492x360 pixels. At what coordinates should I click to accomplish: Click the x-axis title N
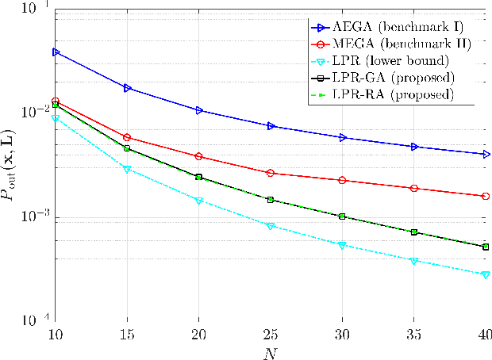click(270, 351)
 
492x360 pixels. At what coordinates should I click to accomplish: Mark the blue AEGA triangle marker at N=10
click(55, 52)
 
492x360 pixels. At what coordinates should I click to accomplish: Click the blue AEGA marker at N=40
click(486, 154)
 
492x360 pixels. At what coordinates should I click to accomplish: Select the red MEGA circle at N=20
click(198, 156)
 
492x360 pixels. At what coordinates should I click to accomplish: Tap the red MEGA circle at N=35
click(413, 188)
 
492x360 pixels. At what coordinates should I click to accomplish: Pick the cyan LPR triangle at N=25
click(270, 226)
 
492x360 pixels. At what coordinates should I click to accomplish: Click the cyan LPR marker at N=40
click(486, 274)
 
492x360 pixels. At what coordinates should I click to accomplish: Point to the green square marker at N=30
click(342, 216)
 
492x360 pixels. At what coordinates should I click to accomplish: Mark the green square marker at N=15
click(126, 148)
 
